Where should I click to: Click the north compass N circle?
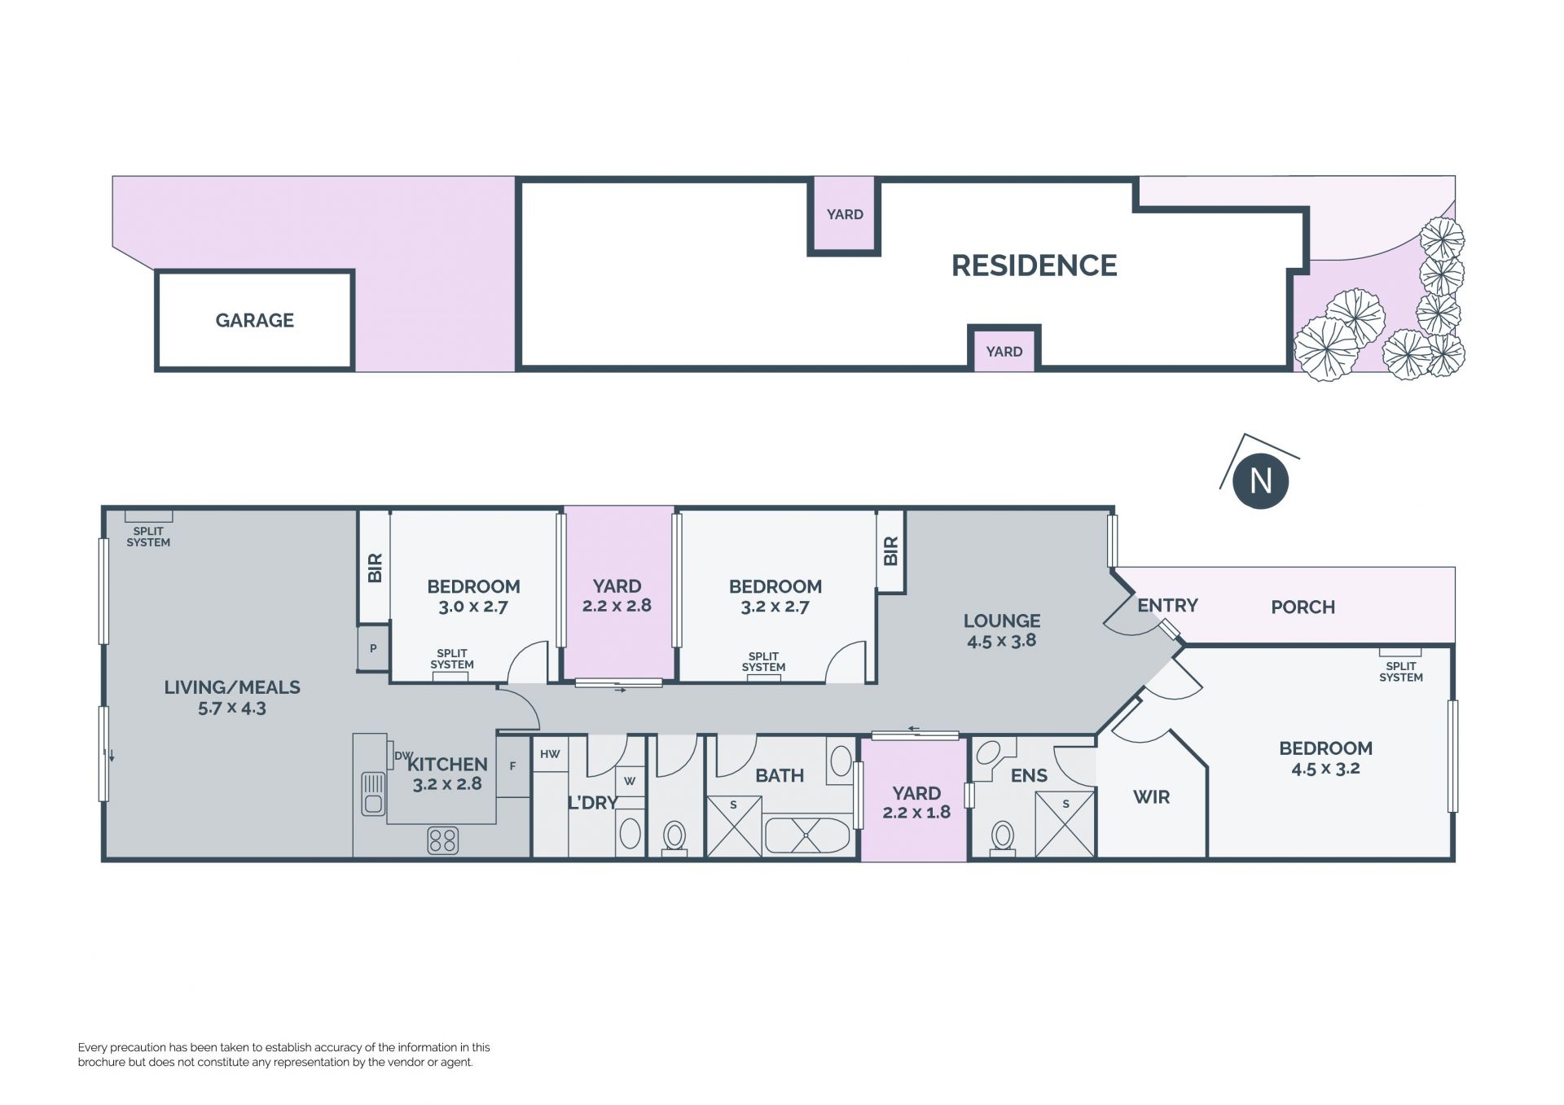[x=1260, y=480]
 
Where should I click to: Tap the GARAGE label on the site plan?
[x=255, y=320]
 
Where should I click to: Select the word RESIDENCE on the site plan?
[x=1035, y=265]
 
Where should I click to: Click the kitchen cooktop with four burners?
[x=442, y=840]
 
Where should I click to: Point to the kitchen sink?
[x=373, y=793]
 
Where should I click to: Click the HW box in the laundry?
[x=550, y=754]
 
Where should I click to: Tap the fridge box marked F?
[x=512, y=766]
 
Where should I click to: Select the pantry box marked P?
[x=373, y=648]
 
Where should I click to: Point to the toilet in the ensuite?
[x=1002, y=838]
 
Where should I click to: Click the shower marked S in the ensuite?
[x=1065, y=823]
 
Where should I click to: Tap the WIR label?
[x=1151, y=797]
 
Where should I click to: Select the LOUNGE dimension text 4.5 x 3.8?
[x=1001, y=641]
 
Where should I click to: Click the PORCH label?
[x=1303, y=607]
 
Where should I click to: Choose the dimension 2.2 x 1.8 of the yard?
[x=916, y=813]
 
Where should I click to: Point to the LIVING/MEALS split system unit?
[x=148, y=516]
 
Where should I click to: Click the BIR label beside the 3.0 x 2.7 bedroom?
[x=375, y=568]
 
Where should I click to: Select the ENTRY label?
[x=1167, y=606]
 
